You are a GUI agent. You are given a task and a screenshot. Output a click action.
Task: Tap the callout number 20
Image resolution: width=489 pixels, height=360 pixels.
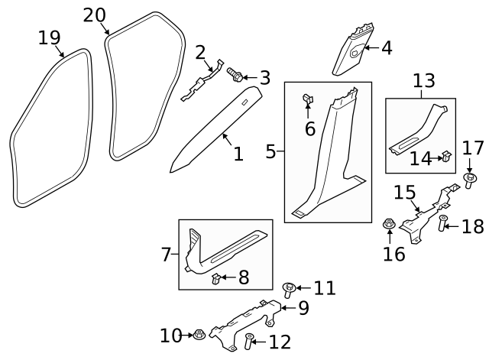point(95,15)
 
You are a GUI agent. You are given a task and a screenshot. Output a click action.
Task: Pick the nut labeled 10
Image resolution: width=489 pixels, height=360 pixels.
point(198,334)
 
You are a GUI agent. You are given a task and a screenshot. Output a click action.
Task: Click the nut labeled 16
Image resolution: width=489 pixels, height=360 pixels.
point(387,224)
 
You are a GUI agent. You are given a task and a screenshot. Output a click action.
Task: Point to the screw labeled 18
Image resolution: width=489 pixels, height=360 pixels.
point(442,224)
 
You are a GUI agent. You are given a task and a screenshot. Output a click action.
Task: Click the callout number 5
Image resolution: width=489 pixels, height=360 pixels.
point(270,152)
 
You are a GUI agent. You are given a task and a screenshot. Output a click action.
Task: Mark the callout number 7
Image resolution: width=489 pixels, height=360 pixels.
point(166,255)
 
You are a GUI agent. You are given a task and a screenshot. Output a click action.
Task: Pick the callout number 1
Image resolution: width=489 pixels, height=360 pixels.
point(238,154)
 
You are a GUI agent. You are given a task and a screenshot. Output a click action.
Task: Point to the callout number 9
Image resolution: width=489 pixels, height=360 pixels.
point(303,308)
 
